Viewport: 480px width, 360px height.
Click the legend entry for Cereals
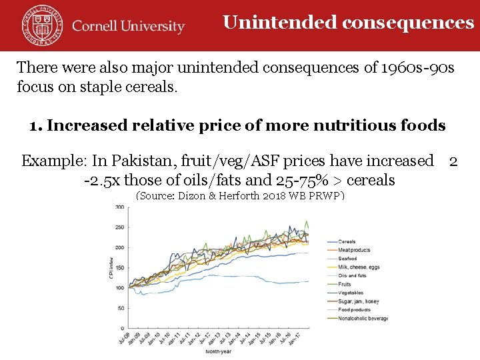(347, 241)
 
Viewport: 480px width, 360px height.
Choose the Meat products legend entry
(353, 250)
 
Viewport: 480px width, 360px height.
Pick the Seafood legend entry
(347, 259)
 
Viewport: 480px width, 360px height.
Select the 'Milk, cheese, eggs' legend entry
(359, 267)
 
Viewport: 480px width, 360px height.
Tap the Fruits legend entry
(345, 284)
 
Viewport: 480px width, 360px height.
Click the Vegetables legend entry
(351, 293)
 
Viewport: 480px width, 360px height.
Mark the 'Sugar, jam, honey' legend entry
(359, 301)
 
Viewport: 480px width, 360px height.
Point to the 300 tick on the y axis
(119, 207)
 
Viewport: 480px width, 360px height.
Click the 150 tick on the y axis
(119, 268)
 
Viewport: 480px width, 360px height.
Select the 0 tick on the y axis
(122, 328)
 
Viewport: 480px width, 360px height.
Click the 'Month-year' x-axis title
(219, 351)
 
